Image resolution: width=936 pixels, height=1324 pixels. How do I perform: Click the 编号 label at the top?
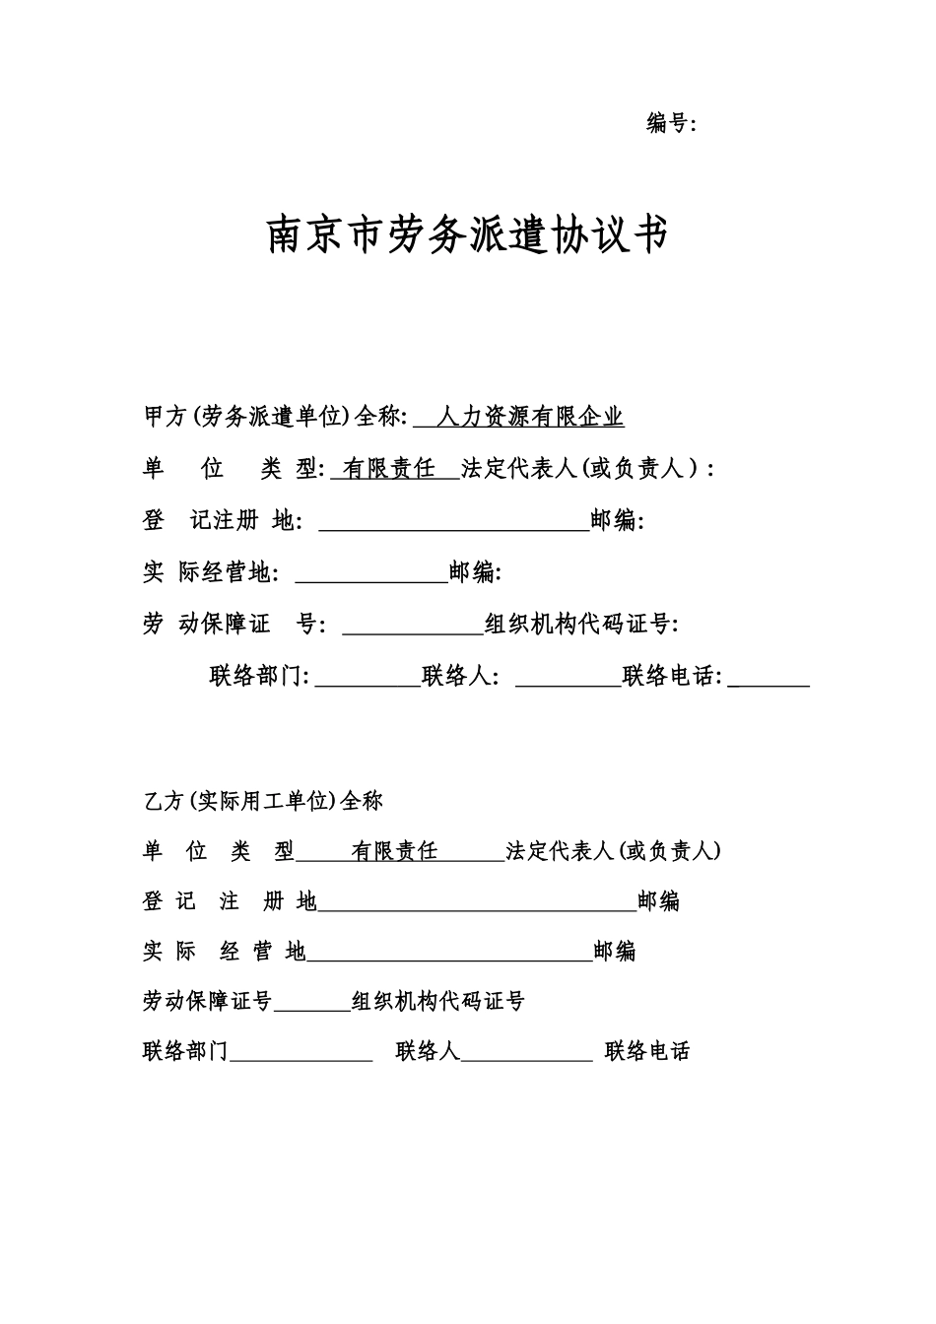point(667,123)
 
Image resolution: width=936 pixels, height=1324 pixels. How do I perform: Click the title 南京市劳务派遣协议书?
point(467,234)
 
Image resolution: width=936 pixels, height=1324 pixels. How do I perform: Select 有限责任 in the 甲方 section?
point(389,469)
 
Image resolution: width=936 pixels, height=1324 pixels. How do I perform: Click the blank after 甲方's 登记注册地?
point(454,522)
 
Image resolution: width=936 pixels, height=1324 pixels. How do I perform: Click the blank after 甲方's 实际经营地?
point(371,573)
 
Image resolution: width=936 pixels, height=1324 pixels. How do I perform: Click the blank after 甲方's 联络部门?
point(368,678)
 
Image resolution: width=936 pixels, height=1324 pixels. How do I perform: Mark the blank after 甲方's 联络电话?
point(769,678)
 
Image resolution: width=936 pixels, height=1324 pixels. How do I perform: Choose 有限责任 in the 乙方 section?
point(394,851)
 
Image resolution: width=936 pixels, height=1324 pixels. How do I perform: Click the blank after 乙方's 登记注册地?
point(477,902)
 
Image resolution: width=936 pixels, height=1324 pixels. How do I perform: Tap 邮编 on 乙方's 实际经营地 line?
point(614,952)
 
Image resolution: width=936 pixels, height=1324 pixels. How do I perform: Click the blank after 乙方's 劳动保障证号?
point(312,1003)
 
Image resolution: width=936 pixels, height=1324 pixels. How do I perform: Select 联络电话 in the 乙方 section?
point(647,1052)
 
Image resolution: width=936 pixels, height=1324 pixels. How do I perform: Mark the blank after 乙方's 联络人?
point(526,1053)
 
